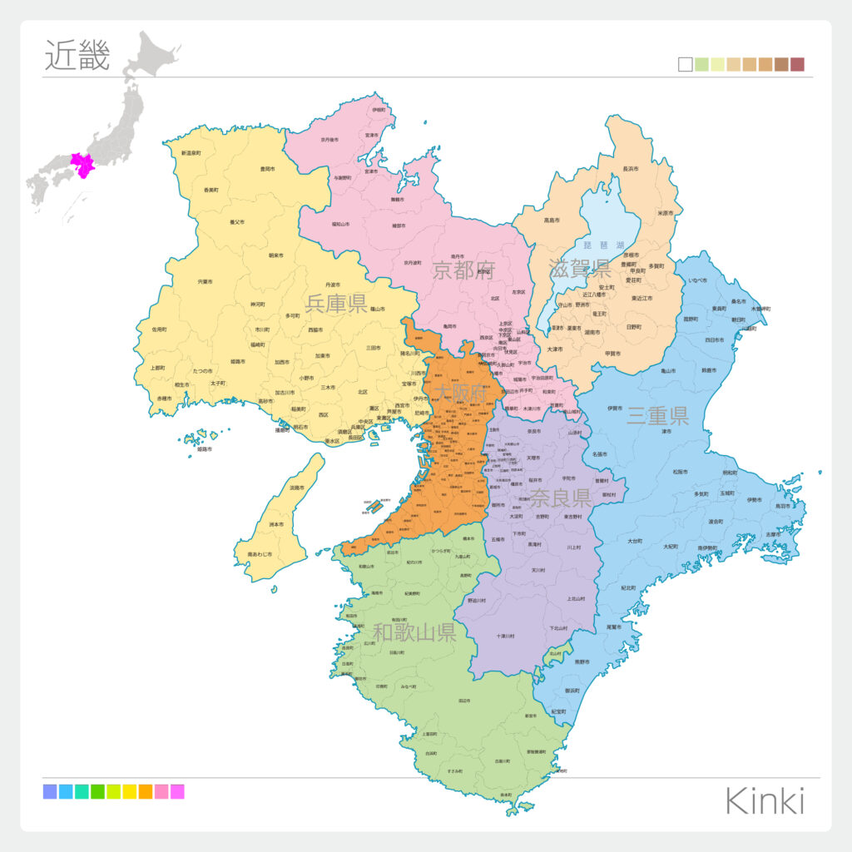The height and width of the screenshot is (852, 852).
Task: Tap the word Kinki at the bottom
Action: point(765,800)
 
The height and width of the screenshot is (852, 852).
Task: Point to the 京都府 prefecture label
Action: point(463,270)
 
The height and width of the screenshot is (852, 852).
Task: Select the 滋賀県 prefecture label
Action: point(580,268)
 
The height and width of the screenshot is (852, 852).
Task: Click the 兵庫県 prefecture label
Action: point(336,303)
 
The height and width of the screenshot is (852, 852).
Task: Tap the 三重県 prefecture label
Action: point(657,416)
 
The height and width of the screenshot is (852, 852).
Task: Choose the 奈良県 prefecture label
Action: point(560,498)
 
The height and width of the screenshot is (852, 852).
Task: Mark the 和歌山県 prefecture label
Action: point(414,632)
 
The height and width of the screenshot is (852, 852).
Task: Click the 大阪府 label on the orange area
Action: point(462,393)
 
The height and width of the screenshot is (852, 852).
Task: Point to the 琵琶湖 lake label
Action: point(604,245)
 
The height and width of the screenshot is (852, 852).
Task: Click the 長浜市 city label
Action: point(631,170)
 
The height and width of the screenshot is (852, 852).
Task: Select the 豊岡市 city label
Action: point(267,170)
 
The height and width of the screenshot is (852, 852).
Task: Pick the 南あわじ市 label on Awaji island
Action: point(260,553)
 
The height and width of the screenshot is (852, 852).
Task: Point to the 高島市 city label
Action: point(551,220)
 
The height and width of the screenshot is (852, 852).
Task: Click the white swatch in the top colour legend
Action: point(686,65)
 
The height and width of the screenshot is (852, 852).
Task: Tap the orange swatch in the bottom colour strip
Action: point(146,791)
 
